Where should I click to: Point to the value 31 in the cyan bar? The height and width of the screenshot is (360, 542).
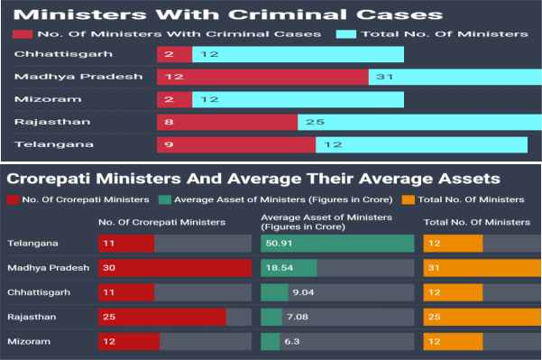(382, 77)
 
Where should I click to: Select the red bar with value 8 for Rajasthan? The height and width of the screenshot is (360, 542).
(226, 121)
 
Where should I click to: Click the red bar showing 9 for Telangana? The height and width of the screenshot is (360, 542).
(235, 143)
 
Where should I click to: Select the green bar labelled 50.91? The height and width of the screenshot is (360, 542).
(336, 244)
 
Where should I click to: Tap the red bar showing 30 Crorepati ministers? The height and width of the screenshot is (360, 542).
(174, 268)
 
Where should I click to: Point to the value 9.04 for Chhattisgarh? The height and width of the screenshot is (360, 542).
(301, 292)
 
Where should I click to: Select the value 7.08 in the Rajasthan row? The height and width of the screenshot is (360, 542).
(299, 317)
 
